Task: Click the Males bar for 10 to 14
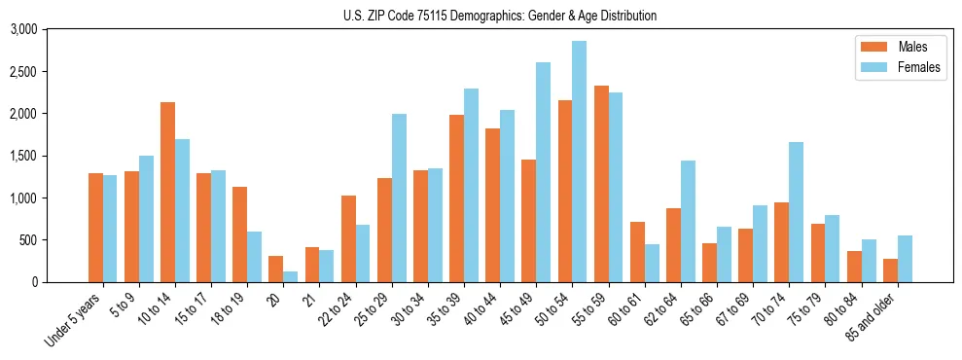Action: [x=167, y=192]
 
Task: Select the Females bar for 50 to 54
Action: [x=579, y=162]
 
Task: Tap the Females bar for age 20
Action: [x=291, y=276]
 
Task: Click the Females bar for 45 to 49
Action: [x=543, y=172]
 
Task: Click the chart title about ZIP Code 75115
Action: [x=499, y=16]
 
